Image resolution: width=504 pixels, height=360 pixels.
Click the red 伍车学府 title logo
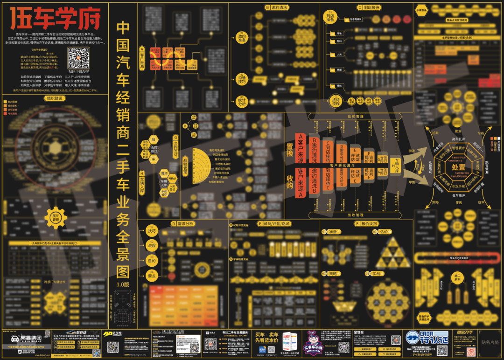click(x=56, y=19)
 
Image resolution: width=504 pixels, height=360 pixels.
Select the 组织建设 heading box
click(x=54, y=98)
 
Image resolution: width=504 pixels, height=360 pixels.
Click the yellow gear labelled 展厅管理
click(x=56, y=217)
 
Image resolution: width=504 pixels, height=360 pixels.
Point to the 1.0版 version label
click(x=123, y=283)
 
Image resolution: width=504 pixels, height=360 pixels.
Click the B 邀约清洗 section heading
click(x=276, y=7)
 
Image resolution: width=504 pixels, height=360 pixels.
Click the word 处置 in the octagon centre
click(x=458, y=166)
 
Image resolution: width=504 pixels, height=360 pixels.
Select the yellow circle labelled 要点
click(x=152, y=276)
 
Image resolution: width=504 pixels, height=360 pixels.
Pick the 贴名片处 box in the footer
click(x=489, y=342)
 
